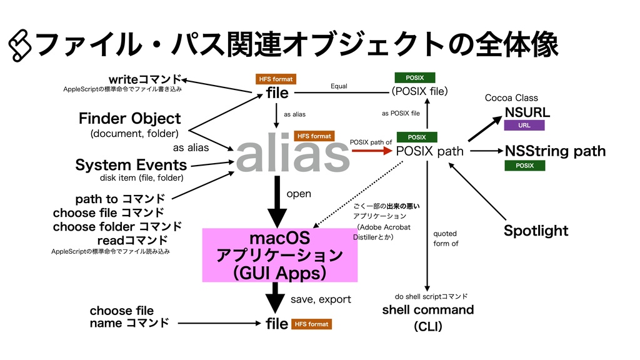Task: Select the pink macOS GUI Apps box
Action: tap(279, 255)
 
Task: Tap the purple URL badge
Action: tap(524, 126)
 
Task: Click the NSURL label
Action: tap(527, 112)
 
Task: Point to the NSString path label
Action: tap(555, 151)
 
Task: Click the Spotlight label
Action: tap(536, 231)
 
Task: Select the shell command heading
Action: tap(427, 310)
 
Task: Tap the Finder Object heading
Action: tap(129, 118)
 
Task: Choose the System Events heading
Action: tap(131, 165)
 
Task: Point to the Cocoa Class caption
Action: tap(511, 98)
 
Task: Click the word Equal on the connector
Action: tap(339, 86)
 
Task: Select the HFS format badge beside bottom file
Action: tap(311, 324)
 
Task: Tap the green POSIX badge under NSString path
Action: tap(524, 166)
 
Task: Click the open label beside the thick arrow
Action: tap(299, 194)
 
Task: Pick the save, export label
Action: tap(321, 300)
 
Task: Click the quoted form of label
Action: tap(445, 238)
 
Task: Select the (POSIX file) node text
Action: tap(419, 92)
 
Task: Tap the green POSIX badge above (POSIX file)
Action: tap(415, 78)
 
